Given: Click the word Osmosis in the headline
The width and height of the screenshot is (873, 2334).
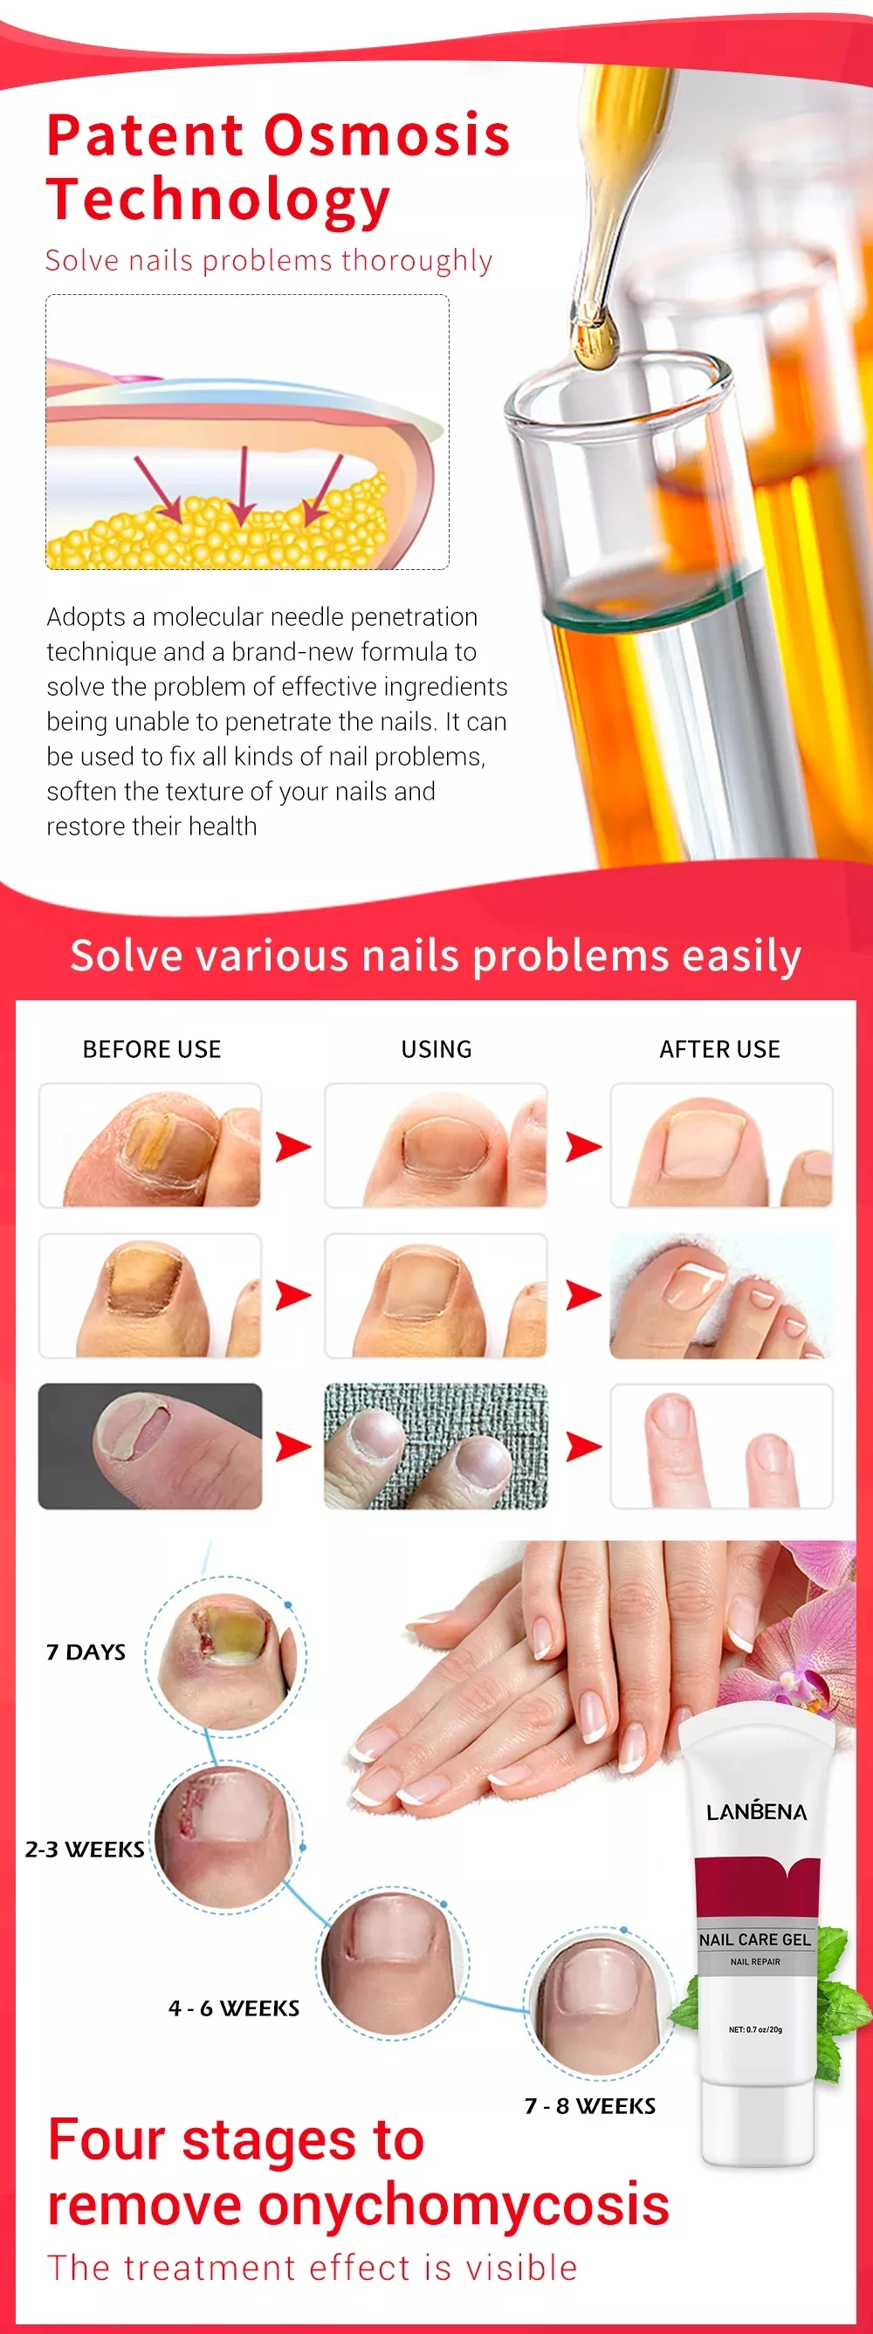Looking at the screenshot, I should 387,136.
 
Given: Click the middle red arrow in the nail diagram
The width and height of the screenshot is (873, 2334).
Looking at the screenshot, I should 242,485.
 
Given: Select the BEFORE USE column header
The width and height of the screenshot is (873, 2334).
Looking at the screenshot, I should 151,1049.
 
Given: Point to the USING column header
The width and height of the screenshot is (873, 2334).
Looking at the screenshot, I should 436,1049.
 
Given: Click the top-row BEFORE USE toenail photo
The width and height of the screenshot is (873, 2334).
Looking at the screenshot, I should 149,1145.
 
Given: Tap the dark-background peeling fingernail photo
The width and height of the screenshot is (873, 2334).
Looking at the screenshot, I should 149,1446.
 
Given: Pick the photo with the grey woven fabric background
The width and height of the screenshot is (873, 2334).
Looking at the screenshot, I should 435,1446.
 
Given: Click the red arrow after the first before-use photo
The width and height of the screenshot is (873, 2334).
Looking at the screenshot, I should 292,1146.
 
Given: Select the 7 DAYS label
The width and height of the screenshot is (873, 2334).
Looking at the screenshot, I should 86,1652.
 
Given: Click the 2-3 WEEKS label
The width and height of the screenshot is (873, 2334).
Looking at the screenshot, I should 85,1850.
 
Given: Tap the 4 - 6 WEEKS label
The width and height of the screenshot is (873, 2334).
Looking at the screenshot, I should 234,2008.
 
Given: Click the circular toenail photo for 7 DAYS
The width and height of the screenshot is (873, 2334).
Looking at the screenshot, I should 226,1654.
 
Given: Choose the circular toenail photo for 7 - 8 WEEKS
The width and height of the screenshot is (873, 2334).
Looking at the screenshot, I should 599,2004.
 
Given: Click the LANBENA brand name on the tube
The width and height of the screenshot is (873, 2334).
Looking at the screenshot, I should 756,1812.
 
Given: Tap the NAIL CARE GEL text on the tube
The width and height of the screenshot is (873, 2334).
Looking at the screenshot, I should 755,1939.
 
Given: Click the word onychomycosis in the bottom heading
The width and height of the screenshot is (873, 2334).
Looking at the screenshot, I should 464,2204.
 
